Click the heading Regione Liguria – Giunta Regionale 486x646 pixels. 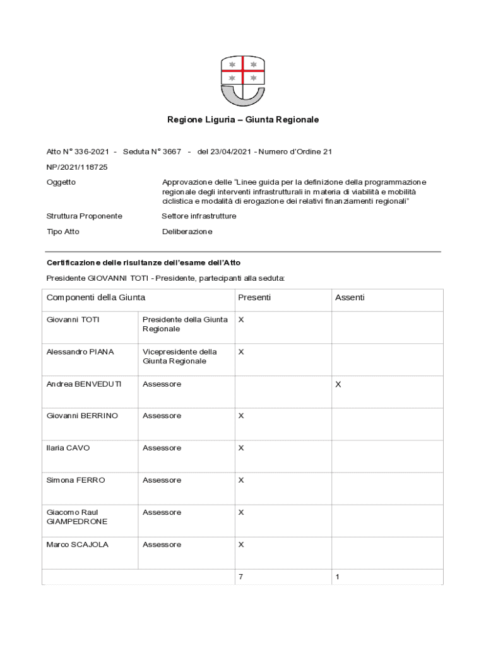point(242,119)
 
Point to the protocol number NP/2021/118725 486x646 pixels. point(77,167)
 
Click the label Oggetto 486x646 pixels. point(61,182)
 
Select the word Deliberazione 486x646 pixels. point(187,232)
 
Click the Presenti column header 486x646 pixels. point(254,297)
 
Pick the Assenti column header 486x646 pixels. point(349,297)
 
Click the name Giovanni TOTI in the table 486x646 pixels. point(73,320)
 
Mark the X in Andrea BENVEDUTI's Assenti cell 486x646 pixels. point(338,384)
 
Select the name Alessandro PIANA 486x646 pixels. point(80,352)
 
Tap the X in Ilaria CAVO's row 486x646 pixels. point(240,448)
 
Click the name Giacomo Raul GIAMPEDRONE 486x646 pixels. point(77,517)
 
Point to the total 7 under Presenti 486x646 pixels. point(240,577)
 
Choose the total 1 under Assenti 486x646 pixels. point(338,577)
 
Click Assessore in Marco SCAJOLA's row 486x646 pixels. point(162,544)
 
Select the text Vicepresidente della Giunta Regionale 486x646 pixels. point(180,356)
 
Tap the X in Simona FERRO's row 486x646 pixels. point(240,480)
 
